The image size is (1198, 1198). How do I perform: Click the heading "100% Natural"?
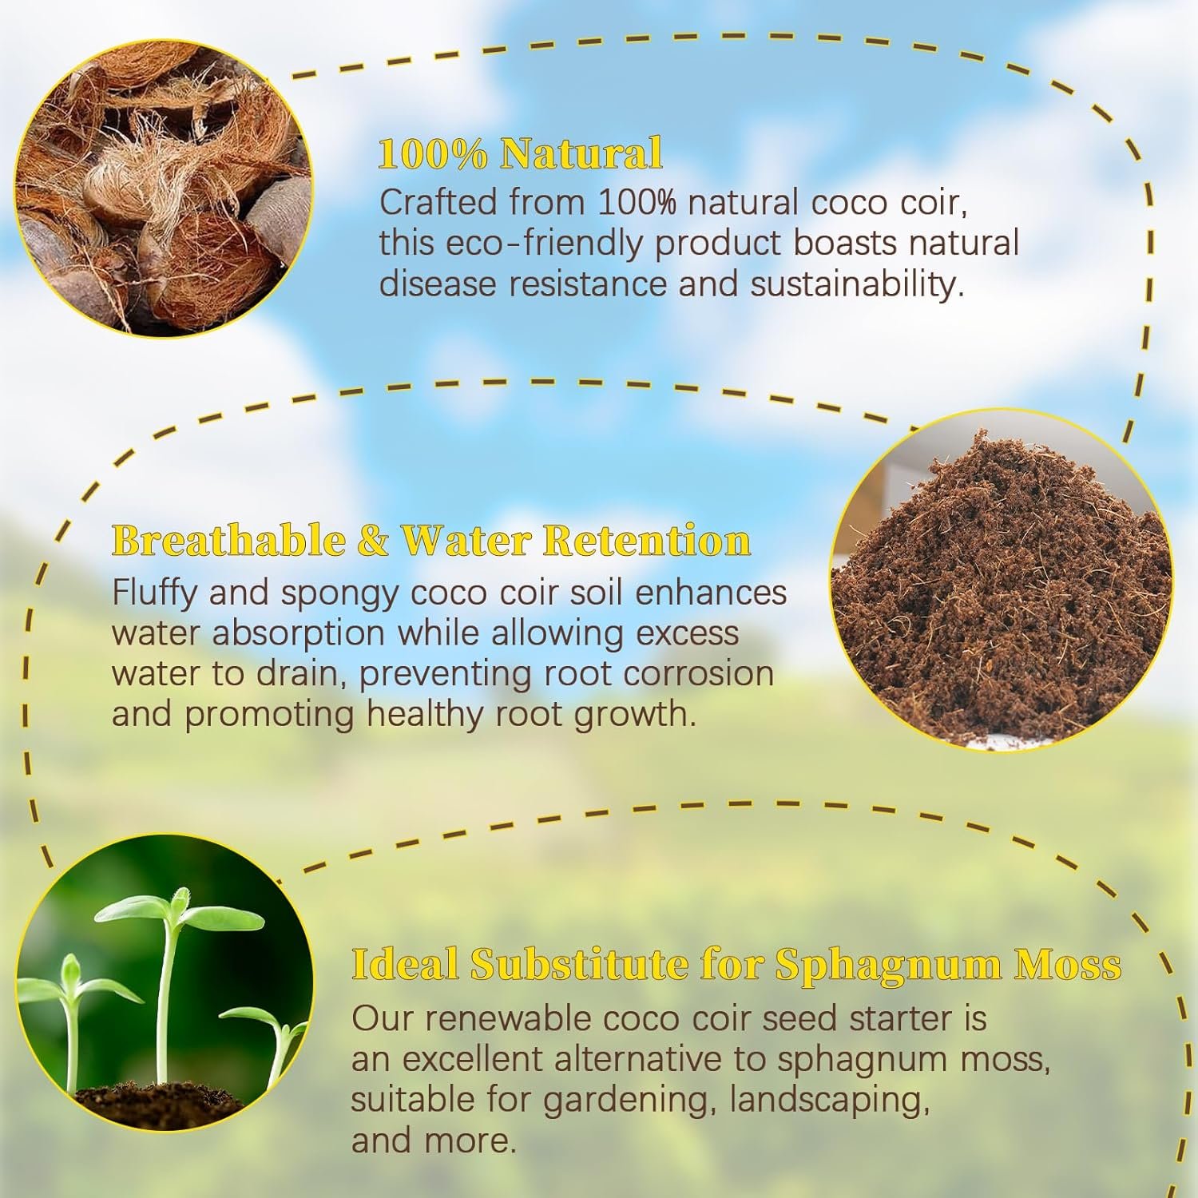[520, 153]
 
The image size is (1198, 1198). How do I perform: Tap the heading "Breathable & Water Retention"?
[431, 541]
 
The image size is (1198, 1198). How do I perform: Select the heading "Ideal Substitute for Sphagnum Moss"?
[736, 966]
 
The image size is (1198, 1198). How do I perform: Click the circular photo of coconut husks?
[164, 188]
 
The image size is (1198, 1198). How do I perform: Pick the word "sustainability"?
[857, 285]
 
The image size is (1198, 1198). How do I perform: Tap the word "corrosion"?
[699, 673]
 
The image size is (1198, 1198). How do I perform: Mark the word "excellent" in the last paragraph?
[472, 1060]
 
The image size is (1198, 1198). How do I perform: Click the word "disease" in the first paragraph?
[438, 285]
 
